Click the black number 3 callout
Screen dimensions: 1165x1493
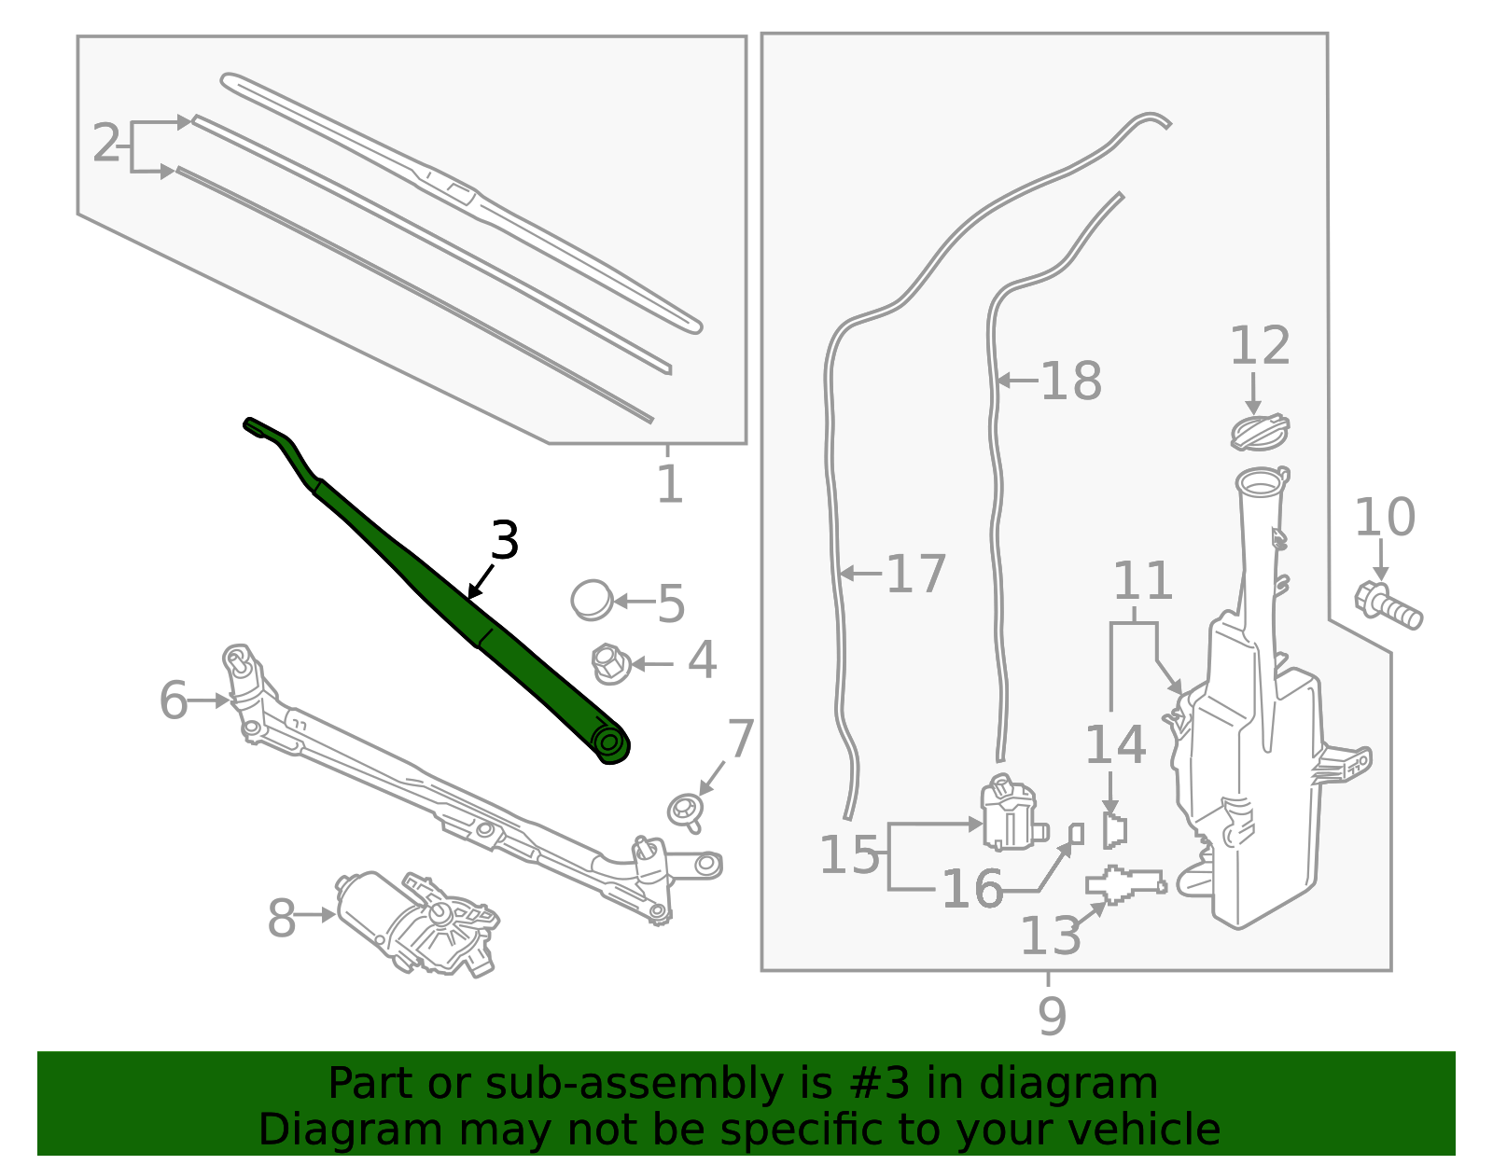pos(504,541)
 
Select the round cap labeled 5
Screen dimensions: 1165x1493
pos(592,600)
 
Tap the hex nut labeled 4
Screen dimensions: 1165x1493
pos(610,663)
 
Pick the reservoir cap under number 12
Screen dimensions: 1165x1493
pos(1259,433)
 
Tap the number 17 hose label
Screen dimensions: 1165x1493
pos(915,574)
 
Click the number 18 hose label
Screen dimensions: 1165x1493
pos(1070,381)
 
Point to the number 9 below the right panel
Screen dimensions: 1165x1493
pos(1052,1016)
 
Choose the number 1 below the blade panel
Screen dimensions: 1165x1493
pos(669,484)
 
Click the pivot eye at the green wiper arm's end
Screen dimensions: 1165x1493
pos(610,743)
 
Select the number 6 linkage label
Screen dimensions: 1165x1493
pos(174,700)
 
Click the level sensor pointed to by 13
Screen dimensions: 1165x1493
pos(1125,884)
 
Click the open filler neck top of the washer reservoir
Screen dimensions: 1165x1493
pos(1260,482)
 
